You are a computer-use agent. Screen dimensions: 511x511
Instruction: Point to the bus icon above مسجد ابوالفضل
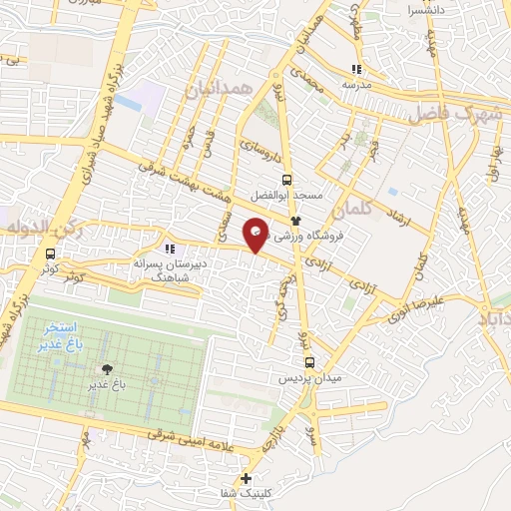pos(287,181)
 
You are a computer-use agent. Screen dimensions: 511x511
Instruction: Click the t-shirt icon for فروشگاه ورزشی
pos(295,220)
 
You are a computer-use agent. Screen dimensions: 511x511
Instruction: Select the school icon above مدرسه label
pos(356,70)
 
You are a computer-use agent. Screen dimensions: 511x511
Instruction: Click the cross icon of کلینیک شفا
pos(246,479)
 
